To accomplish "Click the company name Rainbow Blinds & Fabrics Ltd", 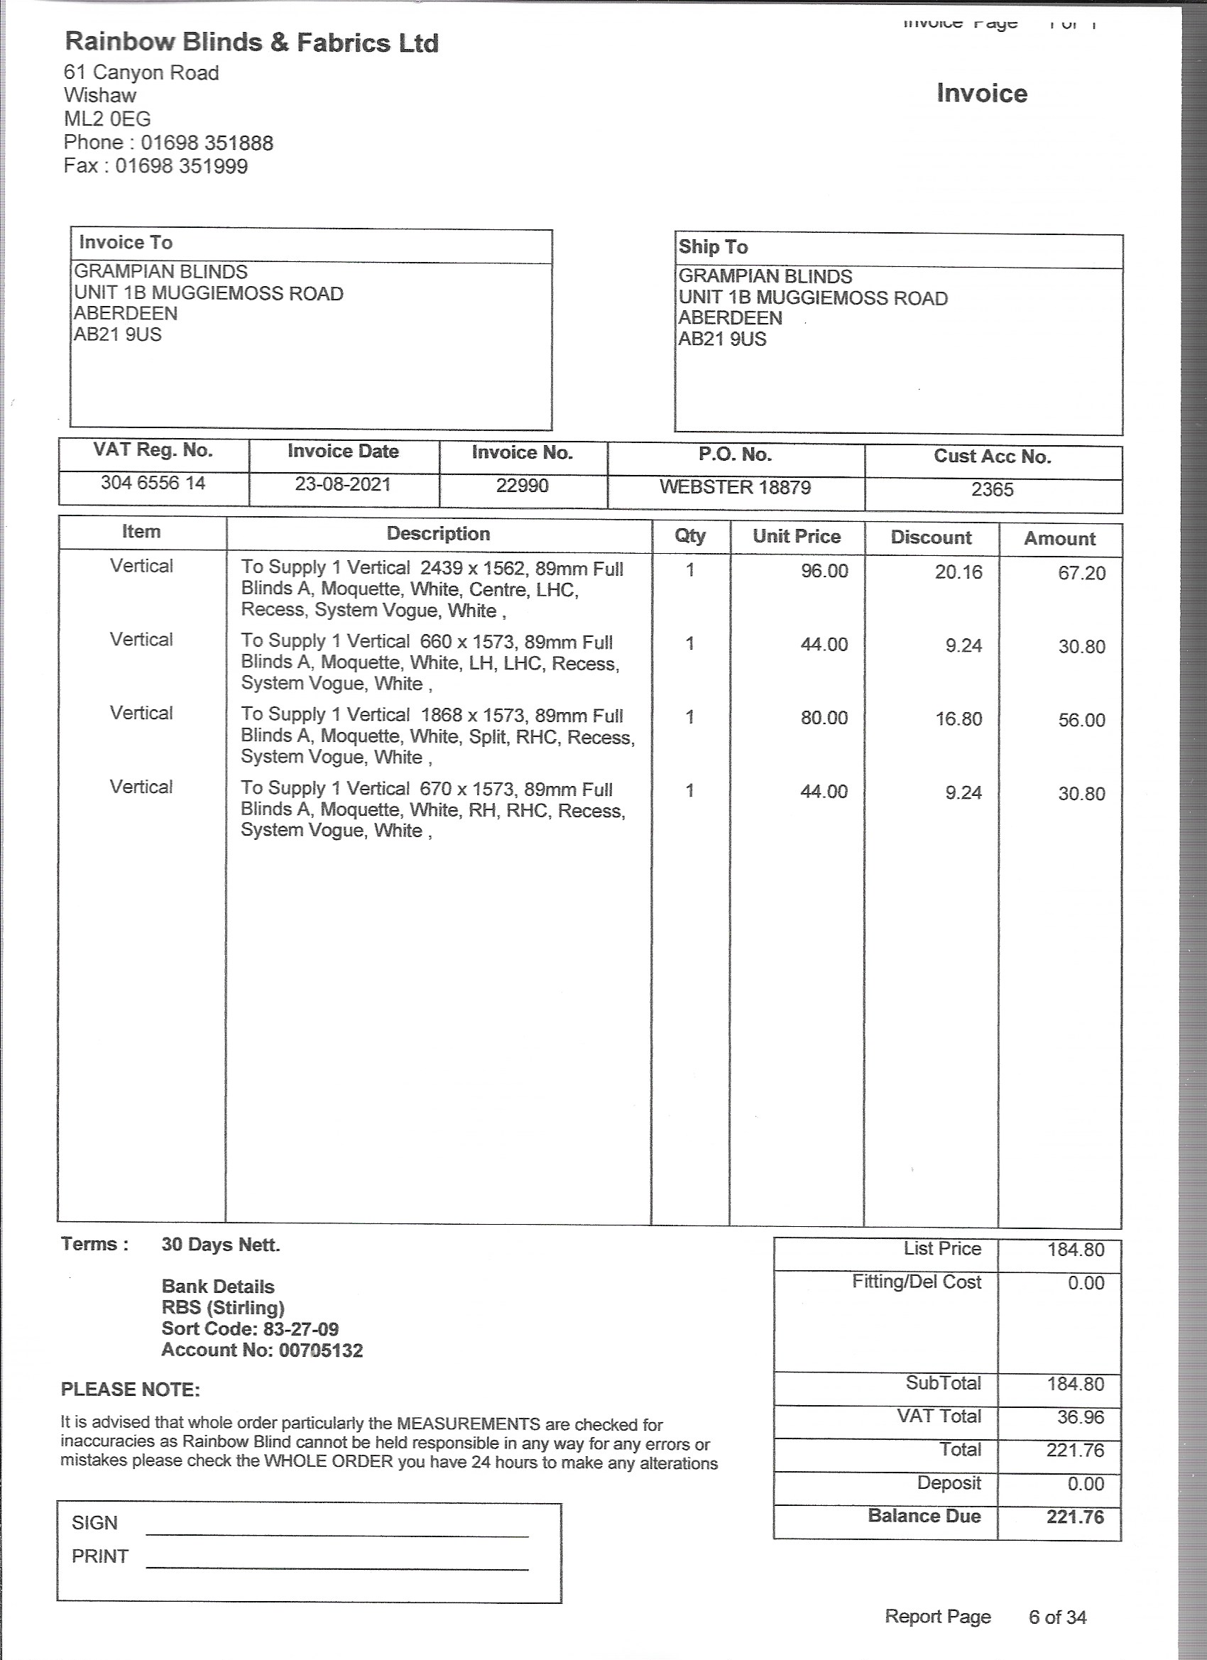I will click(x=252, y=43).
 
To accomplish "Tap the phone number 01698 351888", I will click(x=207, y=143).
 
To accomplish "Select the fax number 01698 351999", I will click(x=182, y=166).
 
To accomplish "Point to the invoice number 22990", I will click(x=522, y=486).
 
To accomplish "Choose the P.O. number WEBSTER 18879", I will click(x=735, y=488).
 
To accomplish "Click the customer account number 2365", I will click(x=992, y=490).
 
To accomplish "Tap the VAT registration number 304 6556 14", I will click(x=153, y=483).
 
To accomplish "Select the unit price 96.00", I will click(x=824, y=571).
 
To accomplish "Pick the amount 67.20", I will click(x=1081, y=573).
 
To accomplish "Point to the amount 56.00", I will click(x=1081, y=720).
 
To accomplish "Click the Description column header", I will click(x=439, y=534).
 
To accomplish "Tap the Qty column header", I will click(x=689, y=536).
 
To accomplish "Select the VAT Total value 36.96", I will click(x=1081, y=1417).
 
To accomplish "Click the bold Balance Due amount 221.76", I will click(x=1074, y=1517).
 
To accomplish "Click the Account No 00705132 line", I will click(x=262, y=1350).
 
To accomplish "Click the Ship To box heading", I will click(x=713, y=247).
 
